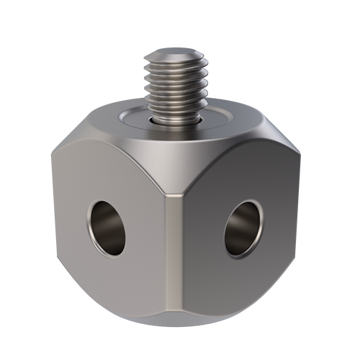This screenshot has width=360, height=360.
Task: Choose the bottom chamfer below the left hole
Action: point(108,302)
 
